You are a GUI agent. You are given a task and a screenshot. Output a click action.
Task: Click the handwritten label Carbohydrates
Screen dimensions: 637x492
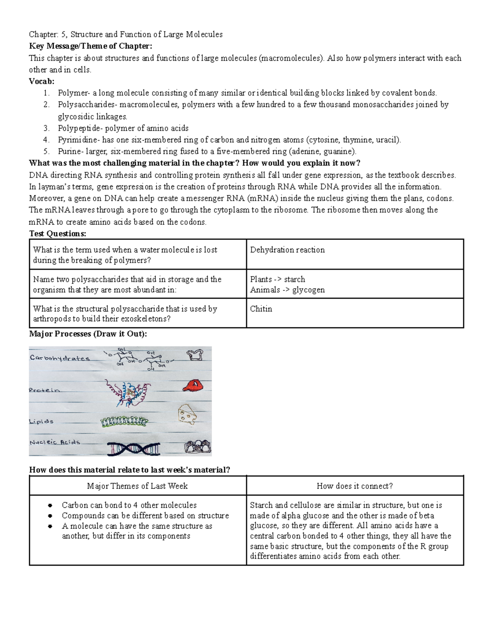click(x=59, y=358)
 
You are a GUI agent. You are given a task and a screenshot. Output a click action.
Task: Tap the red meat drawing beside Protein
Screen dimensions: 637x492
click(x=191, y=385)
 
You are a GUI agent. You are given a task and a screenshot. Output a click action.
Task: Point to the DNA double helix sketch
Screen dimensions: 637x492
click(x=134, y=449)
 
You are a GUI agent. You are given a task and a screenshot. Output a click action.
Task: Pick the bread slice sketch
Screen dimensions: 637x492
click(x=194, y=355)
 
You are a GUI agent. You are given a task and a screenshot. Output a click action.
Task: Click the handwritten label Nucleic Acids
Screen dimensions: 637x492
click(x=55, y=442)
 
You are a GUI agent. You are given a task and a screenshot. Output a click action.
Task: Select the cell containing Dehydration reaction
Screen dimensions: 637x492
click(x=355, y=254)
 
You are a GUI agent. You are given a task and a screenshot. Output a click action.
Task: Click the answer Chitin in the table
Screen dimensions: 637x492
click(x=261, y=309)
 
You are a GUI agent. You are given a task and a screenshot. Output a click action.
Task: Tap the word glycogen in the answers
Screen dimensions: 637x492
click(x=308, y=290)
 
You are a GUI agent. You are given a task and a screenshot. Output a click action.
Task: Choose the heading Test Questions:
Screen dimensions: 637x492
click(x=58, y=233)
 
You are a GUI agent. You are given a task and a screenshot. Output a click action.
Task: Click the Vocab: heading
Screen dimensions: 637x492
click(x=41, y=81)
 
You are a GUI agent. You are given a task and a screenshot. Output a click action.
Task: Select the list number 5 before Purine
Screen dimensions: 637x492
click(x=46, y=151)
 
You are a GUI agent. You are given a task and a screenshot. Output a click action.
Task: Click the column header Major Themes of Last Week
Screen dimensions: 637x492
click(x=137, y=486)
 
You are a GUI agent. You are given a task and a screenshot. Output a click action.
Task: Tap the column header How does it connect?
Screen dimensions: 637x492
click(x=355, y=486)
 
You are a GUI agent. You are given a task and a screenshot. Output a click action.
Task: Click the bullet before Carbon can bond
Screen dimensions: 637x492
click(x=50, y=505)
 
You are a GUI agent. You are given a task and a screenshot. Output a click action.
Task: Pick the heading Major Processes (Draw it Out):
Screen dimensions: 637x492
click(x=88, y=334)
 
